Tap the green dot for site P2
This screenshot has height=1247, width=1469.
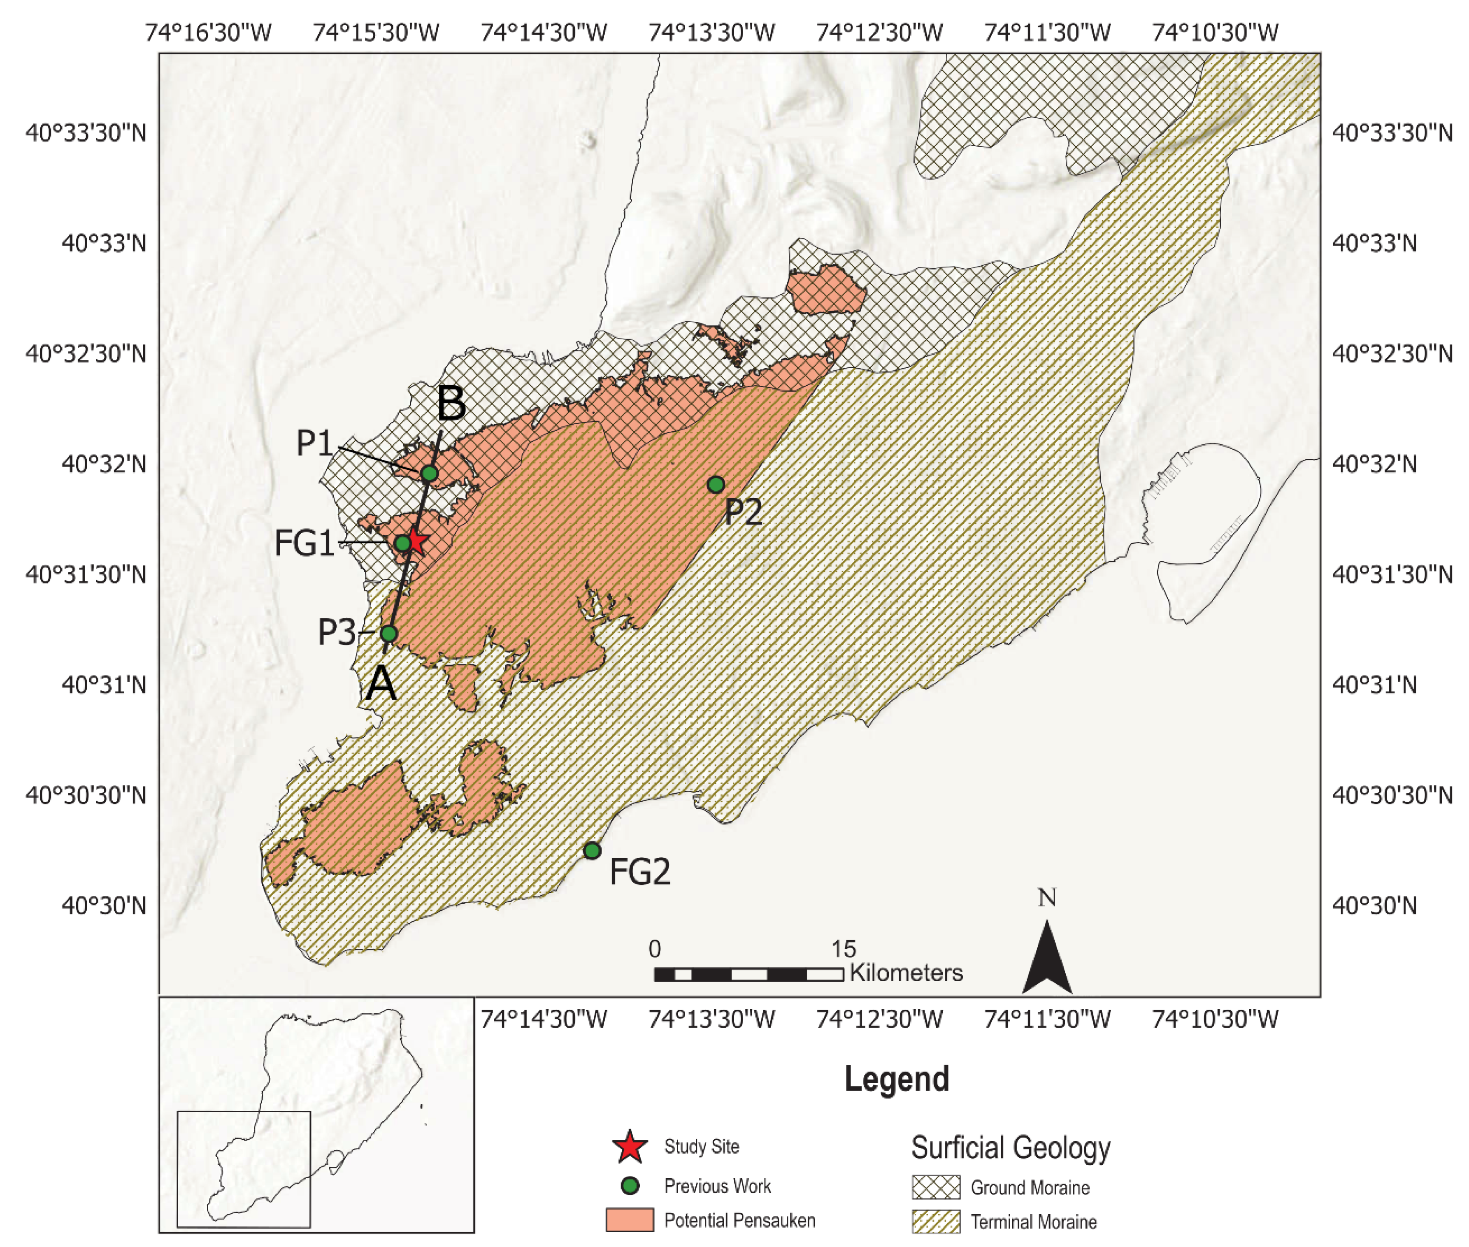pos(716,484)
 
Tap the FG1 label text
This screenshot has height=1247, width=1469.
pos(304,543)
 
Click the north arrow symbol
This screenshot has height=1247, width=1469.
pos(1047,957)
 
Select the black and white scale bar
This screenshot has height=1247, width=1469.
pos(748,975)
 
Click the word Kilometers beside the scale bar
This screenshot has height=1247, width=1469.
pos(906,973)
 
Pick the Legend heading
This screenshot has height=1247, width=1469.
pos(896,1079)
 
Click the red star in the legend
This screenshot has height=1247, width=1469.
pos(629,1147)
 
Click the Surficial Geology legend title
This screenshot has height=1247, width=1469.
pos(1010,1147)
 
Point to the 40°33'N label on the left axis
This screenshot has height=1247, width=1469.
pos(104,243)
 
